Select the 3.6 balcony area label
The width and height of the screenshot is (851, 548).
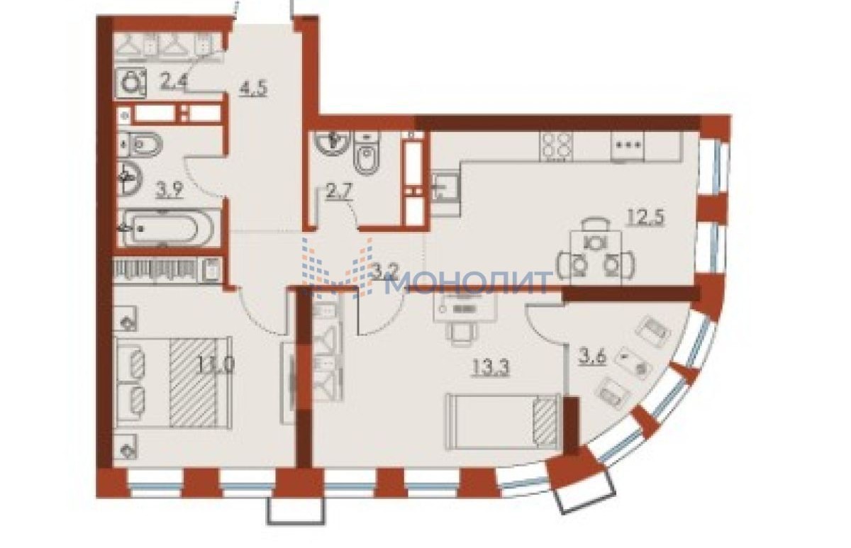click(x=592, y=357)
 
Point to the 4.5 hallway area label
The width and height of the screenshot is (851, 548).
click(x=253, y=89)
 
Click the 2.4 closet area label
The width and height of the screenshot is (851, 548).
click(x=173, y=82)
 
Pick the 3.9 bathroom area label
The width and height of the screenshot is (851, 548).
click(x=170, y=189)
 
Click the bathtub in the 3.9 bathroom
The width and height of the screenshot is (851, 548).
click(x=166, y=228)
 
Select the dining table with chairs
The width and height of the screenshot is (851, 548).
click(x=596, y=253)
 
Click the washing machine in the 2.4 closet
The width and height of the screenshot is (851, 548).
click(x=131, y=83)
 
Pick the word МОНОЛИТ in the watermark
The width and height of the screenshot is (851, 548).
click(x=468, y=282)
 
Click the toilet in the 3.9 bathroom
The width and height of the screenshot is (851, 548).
click(x=140, y=145)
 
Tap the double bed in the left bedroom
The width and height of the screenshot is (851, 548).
click(x=174, y=382)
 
